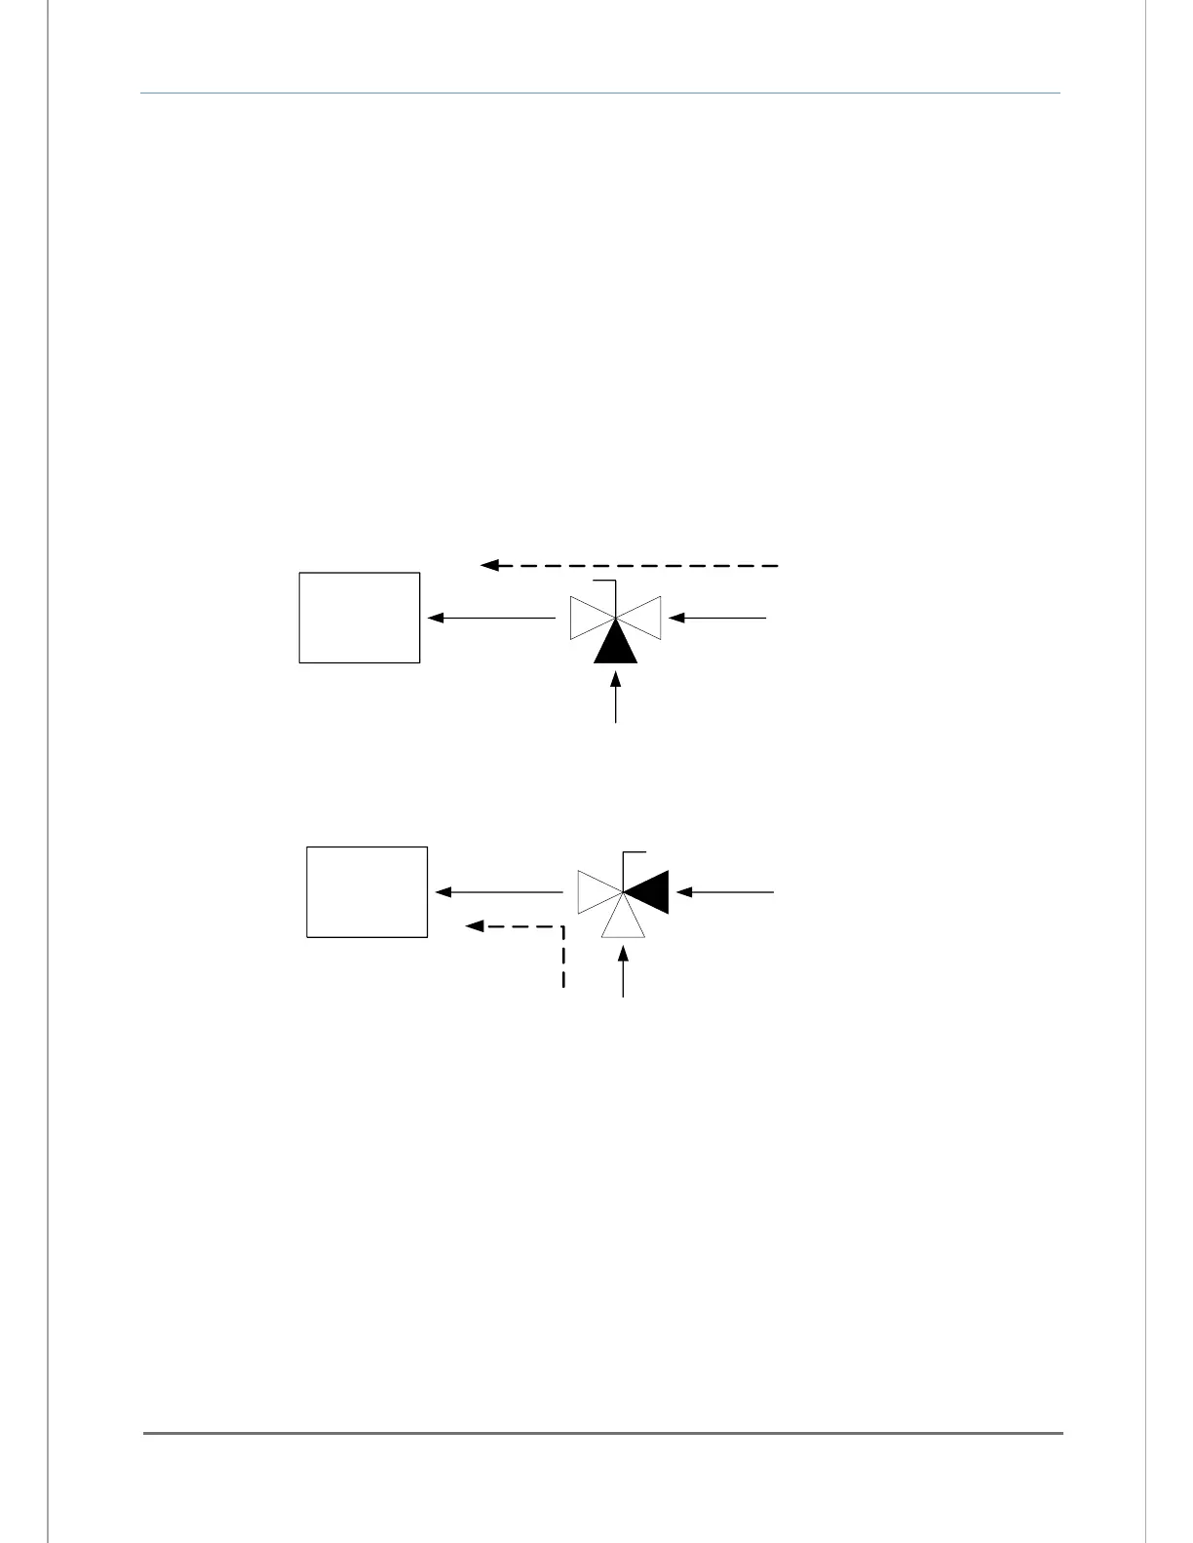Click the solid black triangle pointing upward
(616, 646)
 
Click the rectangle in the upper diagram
(360, 618)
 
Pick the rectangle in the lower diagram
(367, 892)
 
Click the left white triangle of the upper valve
(587, 618)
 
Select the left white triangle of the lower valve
(595, 892)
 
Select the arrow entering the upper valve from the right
(718, 618)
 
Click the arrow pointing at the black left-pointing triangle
(726, 892)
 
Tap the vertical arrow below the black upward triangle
(616, 696)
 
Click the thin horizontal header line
(600, 94)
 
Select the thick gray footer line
(603, 1433)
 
